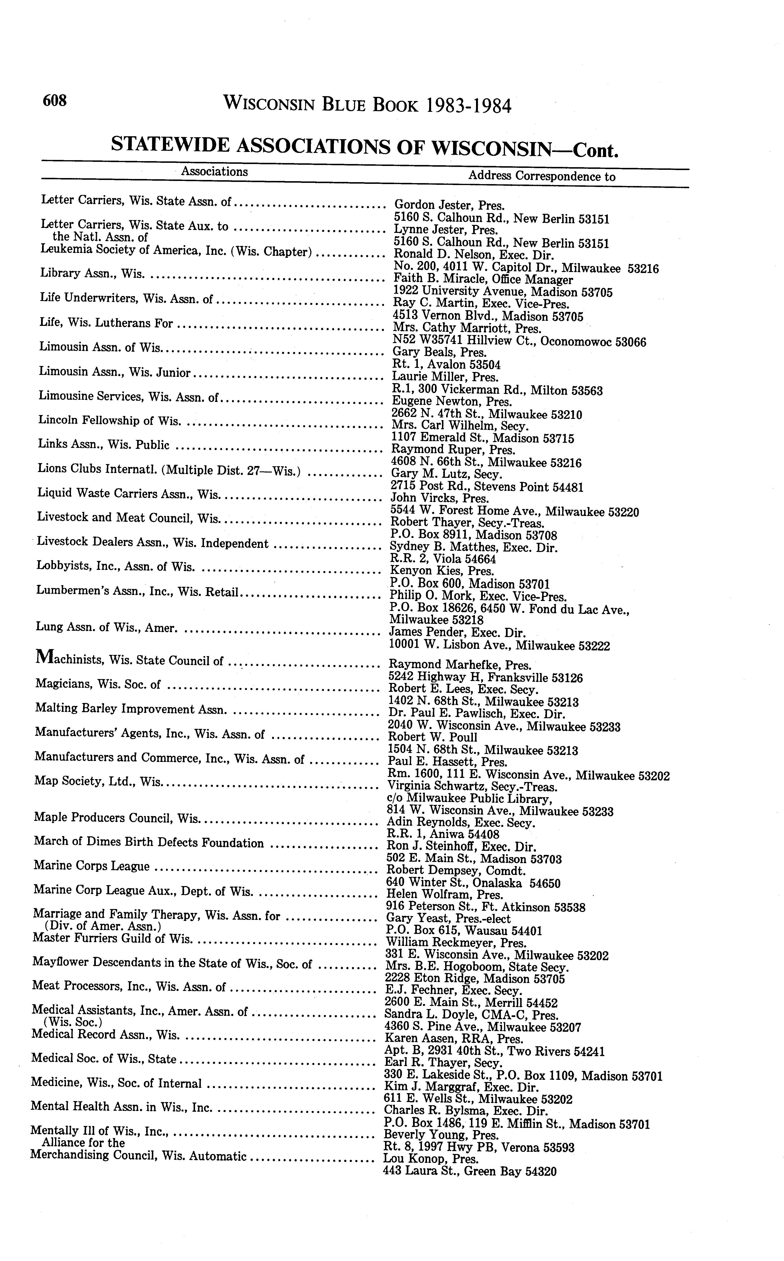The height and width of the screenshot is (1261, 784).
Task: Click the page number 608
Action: pos(55,100)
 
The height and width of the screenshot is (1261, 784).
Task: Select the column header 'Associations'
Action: pos(214,172)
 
